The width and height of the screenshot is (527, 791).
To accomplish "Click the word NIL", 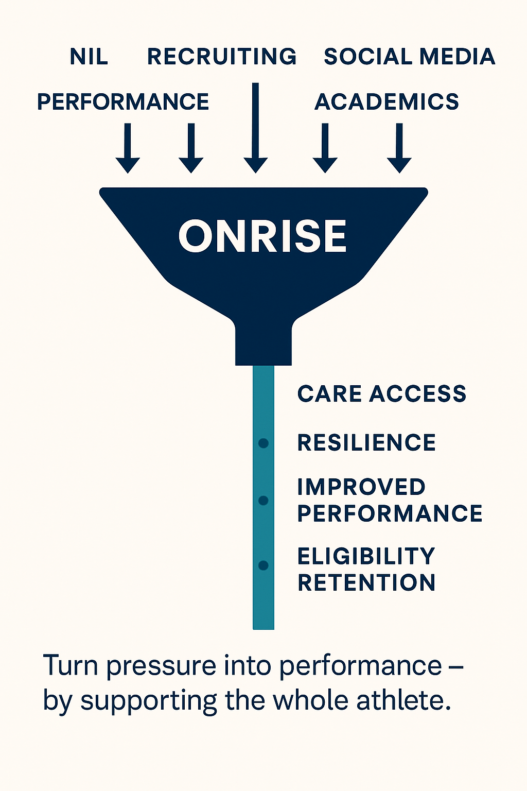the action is [x=89, y=57].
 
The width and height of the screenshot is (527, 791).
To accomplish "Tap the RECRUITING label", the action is [x=222, y=57].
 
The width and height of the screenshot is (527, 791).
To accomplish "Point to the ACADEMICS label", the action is [x=387, y=102].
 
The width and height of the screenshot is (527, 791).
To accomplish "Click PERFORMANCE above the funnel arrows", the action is [x=123, y=102].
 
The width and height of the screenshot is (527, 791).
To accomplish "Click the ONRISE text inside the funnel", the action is [x=263, y=236].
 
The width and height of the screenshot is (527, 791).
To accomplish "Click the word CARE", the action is [x=329, y=394].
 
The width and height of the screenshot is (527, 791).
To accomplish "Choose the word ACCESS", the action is [x=417, y=394].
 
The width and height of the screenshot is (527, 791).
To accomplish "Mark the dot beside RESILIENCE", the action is [x=263, y=443].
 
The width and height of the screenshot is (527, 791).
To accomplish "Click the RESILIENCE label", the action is [x=366, y=443].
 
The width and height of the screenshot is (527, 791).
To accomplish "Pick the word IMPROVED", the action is [x=361, y=487].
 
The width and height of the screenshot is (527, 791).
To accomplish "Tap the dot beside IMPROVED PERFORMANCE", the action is [x=263, y=501].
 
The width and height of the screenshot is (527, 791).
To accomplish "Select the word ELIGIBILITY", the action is [x=366, y=557].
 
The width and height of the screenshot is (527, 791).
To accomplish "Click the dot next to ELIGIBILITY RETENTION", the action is [x=263, y=565].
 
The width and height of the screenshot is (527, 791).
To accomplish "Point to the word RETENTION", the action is [x=366, y=583].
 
